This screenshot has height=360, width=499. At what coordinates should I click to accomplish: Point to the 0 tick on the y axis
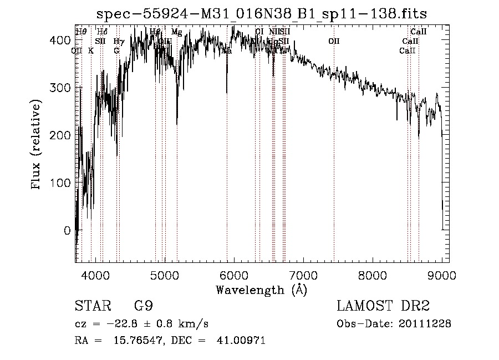point(67,230)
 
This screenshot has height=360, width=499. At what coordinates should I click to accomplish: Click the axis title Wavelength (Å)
point(261,290)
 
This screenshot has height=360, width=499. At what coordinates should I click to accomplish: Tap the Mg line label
point(176,32)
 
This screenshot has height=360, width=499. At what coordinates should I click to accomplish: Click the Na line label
point(227,50)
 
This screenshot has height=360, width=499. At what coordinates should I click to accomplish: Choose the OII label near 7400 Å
point(333,41)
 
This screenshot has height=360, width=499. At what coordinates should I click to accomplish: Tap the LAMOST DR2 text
point(383,306)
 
